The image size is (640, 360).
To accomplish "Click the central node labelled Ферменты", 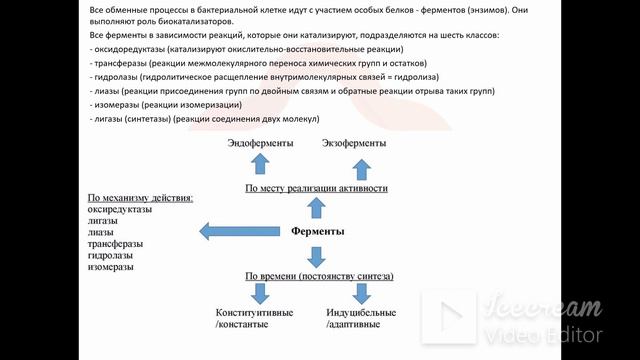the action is click(317, 232).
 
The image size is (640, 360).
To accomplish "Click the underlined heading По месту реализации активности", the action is click(316, 188).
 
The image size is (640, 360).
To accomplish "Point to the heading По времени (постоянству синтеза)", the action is click(319, 275).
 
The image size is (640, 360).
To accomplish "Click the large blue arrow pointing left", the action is click(240, 232).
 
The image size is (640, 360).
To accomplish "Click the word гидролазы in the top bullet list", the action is click(119, 76).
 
